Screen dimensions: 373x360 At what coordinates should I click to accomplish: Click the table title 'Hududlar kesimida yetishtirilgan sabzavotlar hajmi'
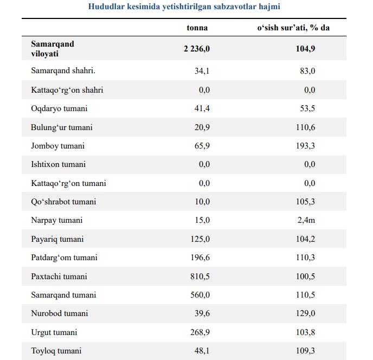coord(184,7)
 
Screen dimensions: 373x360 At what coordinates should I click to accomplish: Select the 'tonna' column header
coord(197,28)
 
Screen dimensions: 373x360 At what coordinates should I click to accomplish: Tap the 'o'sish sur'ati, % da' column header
coord(293,28)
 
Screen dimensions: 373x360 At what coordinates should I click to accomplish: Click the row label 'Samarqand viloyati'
coord(53,49)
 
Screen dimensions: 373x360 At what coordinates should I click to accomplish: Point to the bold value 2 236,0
coord(197,49)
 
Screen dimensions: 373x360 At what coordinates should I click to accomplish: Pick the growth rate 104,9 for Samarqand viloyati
coord(305,49)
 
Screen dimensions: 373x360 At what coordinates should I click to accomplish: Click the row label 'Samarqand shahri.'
coord(63,70)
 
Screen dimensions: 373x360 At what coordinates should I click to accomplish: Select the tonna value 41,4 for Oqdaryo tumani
coord(202,108)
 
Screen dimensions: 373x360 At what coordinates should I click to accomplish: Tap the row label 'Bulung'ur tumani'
coord(62,127)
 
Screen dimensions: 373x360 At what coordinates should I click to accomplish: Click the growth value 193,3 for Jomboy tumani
coord(305,146)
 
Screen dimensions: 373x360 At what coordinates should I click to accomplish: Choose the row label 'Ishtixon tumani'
coord(59,164)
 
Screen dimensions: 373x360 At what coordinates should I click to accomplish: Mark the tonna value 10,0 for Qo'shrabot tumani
coord(202,202)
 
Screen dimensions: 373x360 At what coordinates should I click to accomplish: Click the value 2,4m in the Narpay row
coord(306,220)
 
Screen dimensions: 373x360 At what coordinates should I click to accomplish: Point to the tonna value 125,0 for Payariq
coord(200,239)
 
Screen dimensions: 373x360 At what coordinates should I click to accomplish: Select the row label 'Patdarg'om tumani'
coord(64,258)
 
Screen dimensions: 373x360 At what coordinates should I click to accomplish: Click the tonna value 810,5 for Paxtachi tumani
coord(200,277)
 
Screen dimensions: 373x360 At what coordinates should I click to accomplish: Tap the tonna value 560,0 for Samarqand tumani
coord(200,295)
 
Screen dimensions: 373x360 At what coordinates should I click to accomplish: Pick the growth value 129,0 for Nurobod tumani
coord(305,313)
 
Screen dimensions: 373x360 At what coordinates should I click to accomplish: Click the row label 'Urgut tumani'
coord(54,332)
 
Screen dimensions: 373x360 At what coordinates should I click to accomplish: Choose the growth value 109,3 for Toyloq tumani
coord(305,351)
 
